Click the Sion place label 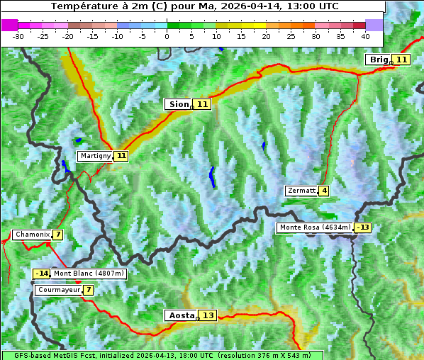pyautogui.click(x=179, y=104)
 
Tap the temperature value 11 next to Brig pyautogui.click(x=401, y=60)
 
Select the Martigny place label pyautogui.click(x=95, y=156)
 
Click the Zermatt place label pyautogui.click(x=301, y=191)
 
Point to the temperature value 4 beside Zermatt pyautogui.click(x=324, y=191)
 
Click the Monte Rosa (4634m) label pyautogui.click(x=315, y=227)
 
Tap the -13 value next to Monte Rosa pyautogui.click(x=363, y=227)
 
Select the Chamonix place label pyautogui.click(x=32, y=235)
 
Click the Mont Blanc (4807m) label pyautogui.click(x=89, y=274)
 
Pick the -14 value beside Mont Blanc pyautogui.click(x=41, y=274)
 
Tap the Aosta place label pyautogui.click(x=181, y=315)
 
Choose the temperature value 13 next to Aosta pyautogui.click(x=208, y=315)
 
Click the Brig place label pyautogui.click(x=379, y=60)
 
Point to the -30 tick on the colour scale pyautogui.click(x=18, y=35)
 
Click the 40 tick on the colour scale pyautogui.click(x=365, y=35)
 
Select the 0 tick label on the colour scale pyautogui.click(x=167, y=35)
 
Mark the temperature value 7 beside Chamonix pyautogui.click(x=57, y=235)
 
